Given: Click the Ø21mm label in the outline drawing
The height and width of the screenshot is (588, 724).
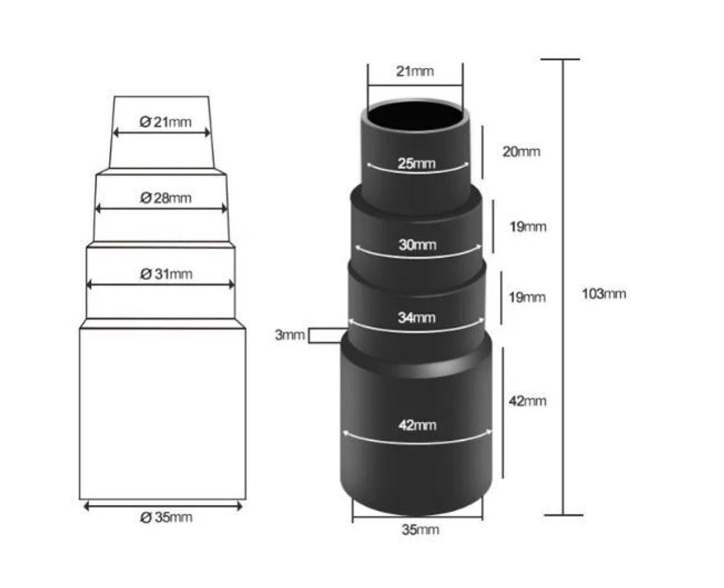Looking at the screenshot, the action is point(165,122).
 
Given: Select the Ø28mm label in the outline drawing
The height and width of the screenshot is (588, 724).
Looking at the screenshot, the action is point(165,198).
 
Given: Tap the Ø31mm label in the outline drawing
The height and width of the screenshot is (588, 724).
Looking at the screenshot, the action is point(165,274).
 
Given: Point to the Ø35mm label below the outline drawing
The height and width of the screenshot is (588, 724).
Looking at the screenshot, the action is point(165,517).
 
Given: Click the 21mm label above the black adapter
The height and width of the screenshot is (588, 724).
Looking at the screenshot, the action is point(415,71).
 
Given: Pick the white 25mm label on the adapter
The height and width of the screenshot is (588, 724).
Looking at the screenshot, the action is point(416,163).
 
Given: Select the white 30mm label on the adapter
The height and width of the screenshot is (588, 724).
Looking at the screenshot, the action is point(417,244).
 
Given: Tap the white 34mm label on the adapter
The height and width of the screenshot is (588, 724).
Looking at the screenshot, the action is point(416,318).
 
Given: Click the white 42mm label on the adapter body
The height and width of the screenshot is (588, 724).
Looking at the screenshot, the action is point(417,425).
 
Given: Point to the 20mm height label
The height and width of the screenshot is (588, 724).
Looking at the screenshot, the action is point(521,151).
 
